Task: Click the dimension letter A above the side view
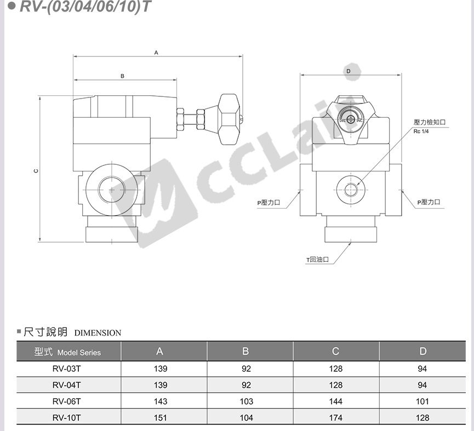coord(156,53)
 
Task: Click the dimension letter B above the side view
coord(122,76)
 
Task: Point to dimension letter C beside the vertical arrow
coord(36,171)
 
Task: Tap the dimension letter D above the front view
coord(349,71)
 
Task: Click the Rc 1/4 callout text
coord(421,131)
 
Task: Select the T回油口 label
coord(317,260)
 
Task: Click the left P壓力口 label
coord(269,203)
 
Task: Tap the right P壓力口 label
coord(429,202)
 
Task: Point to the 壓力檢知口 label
coord(430,122)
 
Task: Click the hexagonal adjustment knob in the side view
coord(229,119)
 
